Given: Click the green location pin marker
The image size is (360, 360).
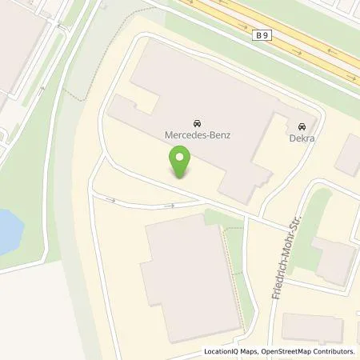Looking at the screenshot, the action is [182, 164].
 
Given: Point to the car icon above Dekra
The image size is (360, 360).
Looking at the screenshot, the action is [302, 126].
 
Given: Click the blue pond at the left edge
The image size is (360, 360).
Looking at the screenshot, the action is [8, 228].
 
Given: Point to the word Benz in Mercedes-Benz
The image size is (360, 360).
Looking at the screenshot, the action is [217, 136].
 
